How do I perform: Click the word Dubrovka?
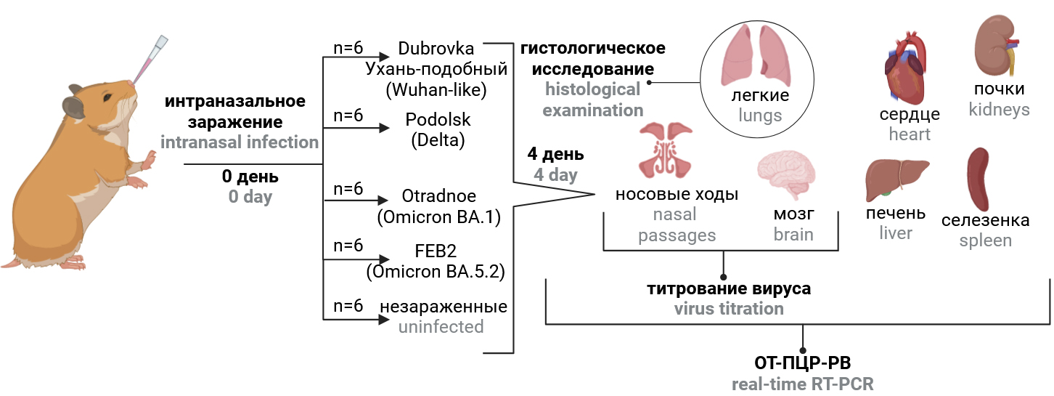coord(436,49)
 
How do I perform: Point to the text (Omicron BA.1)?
coord(439,217)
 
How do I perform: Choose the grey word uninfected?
coord(441,326)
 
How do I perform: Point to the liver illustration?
coord(896,178)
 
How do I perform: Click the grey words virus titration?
coord(729,308)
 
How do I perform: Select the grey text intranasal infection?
coord(240,142)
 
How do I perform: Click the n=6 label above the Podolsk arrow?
coord(348,116)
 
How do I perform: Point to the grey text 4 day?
coord(555,174)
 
